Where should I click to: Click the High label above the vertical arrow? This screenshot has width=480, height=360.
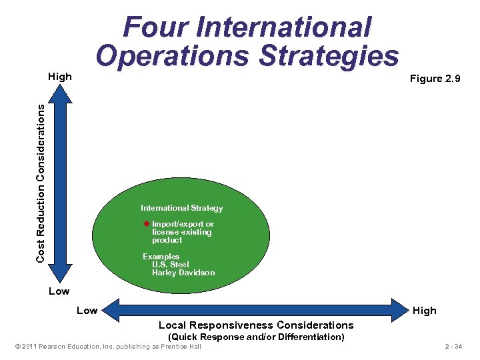pos(60,77)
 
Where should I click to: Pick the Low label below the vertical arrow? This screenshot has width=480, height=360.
pos(59,291)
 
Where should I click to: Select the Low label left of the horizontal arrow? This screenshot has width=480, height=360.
pos(87,311)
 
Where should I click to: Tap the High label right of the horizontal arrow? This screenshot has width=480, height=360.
pos(424,311)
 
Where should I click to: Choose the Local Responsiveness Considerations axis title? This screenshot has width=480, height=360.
pos(256,325)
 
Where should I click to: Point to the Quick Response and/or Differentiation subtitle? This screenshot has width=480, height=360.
pos(256,337)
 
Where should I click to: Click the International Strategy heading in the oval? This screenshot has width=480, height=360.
pos(181,208)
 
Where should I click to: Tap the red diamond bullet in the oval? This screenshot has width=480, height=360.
pos(147,224)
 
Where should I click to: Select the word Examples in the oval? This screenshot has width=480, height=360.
pos(161,257)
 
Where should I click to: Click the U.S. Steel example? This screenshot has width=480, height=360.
pos(170,265)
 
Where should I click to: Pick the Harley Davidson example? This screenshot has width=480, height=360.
pos(183,273)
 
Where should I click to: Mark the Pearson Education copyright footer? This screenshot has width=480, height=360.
pos(108,347)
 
